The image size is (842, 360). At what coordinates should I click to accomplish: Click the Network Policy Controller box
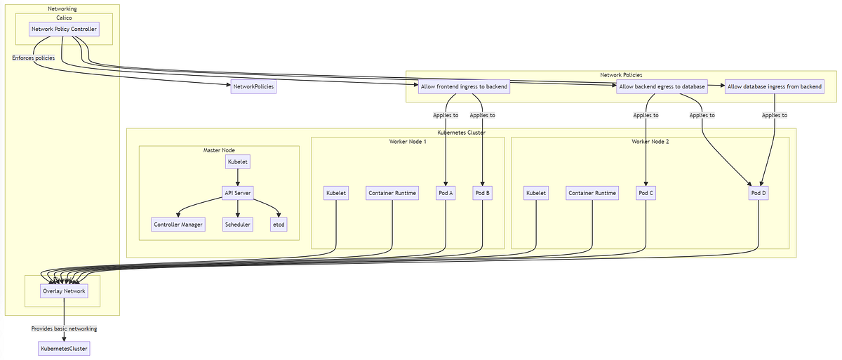pos(63,29)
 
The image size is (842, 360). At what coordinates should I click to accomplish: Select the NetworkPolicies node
pos(253,87)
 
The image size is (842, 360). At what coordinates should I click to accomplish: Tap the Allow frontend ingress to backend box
pos(463,87)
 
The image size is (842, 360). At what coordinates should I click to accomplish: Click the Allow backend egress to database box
pos(662,87)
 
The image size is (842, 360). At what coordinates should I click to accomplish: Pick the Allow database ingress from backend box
pos(774,87)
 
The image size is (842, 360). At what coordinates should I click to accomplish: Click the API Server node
pos(238,193)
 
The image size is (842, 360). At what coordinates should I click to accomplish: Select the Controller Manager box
pos(178,225)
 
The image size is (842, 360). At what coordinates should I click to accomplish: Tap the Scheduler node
pos(238,225)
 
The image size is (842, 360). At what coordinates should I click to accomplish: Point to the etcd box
pos(279,225)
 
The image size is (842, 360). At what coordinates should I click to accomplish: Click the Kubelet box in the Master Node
pos(238,162)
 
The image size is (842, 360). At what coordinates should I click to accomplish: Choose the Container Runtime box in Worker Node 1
pos(392,193)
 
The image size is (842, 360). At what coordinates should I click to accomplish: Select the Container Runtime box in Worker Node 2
pos(592,193)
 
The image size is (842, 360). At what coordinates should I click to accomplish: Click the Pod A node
pos(446,193)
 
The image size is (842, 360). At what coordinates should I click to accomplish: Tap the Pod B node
pos(482,193)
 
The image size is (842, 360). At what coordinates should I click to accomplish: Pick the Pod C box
pos(646,193)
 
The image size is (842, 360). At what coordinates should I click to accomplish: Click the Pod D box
pos(759,193)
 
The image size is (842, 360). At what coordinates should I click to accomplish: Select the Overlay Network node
pos(64,291)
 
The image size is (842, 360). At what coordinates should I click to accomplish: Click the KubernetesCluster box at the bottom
pos(64,348)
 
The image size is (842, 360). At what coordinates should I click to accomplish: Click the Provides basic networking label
pos(64,328)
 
